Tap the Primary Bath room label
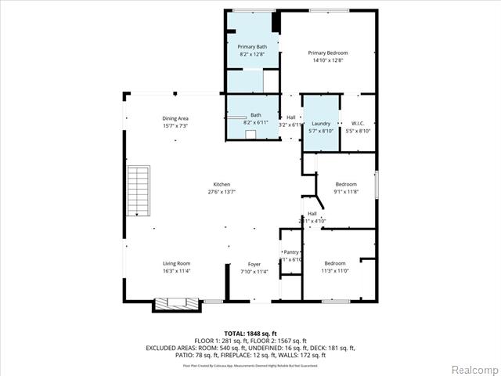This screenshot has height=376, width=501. [x=247, y=46]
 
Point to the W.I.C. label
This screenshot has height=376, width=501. [x=358, y=123]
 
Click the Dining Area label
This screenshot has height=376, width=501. [x=175, y=118]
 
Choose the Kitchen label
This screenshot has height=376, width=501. [x=222, y=184]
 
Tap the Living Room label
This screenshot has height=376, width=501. [x=176, y=263]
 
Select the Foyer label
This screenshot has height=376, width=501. [x=254, y=264]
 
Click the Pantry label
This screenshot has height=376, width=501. [x=290, y=251]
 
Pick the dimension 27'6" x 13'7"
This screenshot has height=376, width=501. [x=222, y=192]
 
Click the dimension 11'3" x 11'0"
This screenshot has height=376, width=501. [x=334, y=271]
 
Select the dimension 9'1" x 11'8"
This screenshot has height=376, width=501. [x=345, y=192]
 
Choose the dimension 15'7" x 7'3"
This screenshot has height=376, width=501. [x=175, y=126]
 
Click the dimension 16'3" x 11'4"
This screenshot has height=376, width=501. [x=176, y=271]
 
